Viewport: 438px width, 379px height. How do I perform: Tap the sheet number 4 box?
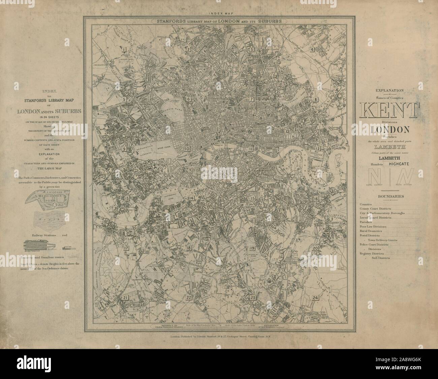pyautogui.click(x=312, y=50)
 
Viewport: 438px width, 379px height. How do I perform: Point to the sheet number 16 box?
pyautogui.click(x=316, y=199)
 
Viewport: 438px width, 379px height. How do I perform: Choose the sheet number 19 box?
pyautogui.click(x=252, y=248)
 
